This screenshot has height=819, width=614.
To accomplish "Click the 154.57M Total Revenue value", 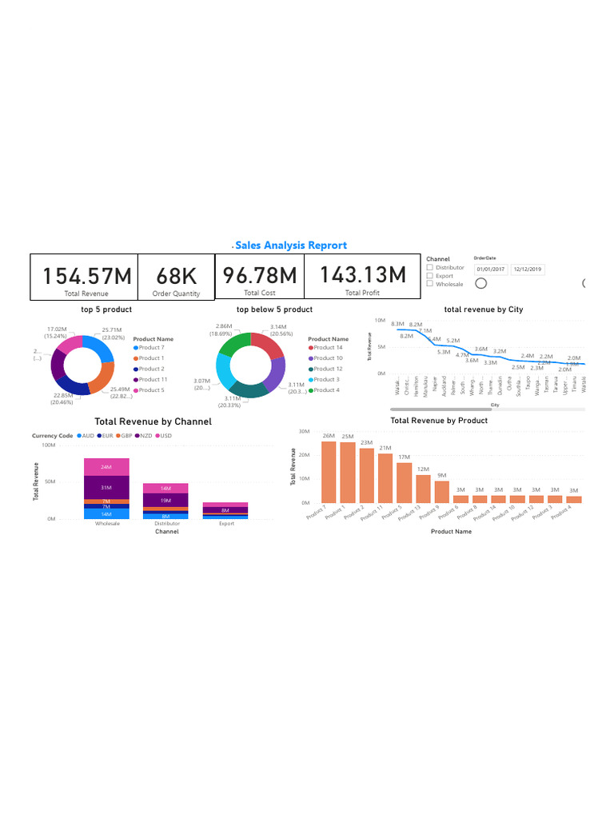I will pos(86,276).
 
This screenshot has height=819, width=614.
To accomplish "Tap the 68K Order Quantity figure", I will pos(176,276).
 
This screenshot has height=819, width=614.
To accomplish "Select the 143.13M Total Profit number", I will pos(363,275).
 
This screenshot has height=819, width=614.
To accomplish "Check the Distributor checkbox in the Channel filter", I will pos(430,268).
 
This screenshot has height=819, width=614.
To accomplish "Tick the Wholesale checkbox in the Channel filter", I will pos(430,284).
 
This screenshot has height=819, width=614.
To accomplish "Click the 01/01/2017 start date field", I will pos(491,270).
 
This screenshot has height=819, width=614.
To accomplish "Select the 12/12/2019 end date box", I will pos(528,270).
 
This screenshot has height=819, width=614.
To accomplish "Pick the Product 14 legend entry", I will pos(328,348).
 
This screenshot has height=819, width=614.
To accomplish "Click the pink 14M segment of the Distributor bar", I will pos(165,488).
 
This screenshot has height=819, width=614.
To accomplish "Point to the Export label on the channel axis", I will pos(226,523).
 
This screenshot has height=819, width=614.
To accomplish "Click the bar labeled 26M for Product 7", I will pos(329,472).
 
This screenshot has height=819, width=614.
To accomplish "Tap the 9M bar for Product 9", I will pos(442,492).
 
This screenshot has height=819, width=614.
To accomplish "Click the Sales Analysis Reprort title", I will pos(291,246).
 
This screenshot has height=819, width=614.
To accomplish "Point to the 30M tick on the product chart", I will pos(304,431).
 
